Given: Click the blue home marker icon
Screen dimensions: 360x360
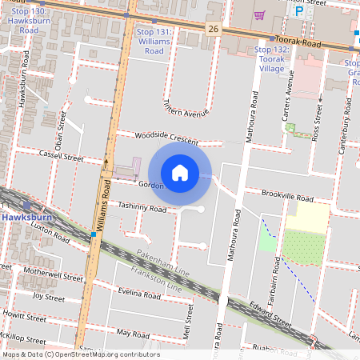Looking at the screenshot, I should [180, 172].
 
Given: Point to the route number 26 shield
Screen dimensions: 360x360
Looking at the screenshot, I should [212, 29].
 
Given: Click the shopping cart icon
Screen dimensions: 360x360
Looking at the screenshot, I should [259, 14].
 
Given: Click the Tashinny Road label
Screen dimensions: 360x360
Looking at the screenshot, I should [142, 207].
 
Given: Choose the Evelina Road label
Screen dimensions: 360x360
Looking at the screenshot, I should [139, 294].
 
